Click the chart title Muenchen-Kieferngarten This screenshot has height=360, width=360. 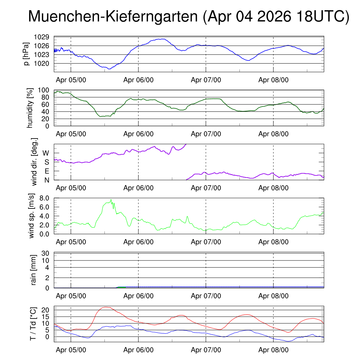(x=113, y=17)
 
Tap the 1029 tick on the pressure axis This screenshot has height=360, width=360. (x=41, y=37)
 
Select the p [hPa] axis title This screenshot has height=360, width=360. (x=26, y=54)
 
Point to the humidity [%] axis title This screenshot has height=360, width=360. (x=30, y=108)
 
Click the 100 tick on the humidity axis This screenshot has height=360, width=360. (x=43, y=90)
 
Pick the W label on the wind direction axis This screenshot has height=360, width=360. (x=46, y=153)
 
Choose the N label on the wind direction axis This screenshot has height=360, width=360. (x=47, y=180)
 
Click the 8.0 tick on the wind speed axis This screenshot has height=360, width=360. (x=44, y=198)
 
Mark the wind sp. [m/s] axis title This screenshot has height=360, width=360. (x=31, y=216)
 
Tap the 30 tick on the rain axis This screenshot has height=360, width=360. (x=45, y=253)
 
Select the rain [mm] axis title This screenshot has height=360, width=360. (x=33, y=270)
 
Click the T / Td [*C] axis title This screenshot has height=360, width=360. (x=33, y=324)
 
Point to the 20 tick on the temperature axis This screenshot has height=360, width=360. (x=45, y=310)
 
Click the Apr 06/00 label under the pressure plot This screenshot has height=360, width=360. (x=139, y=80)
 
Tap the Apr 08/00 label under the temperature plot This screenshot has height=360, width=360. (x=274, y=350)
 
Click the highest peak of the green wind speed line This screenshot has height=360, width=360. (x=111, y=200)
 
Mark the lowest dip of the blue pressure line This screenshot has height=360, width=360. (x=109, y=69)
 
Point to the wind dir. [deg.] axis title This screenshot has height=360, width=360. (x=34, y=162)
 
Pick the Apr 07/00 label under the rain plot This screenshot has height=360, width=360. (x=206, y=296)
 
